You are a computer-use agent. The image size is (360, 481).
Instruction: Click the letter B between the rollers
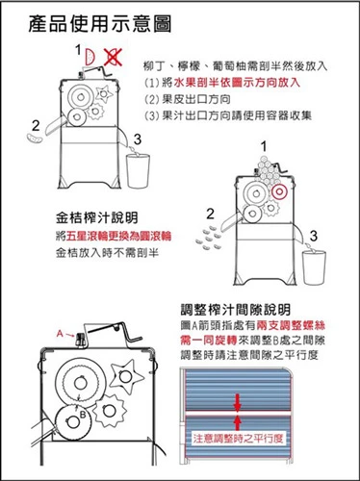pyautogui.click(x=84, y=415)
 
